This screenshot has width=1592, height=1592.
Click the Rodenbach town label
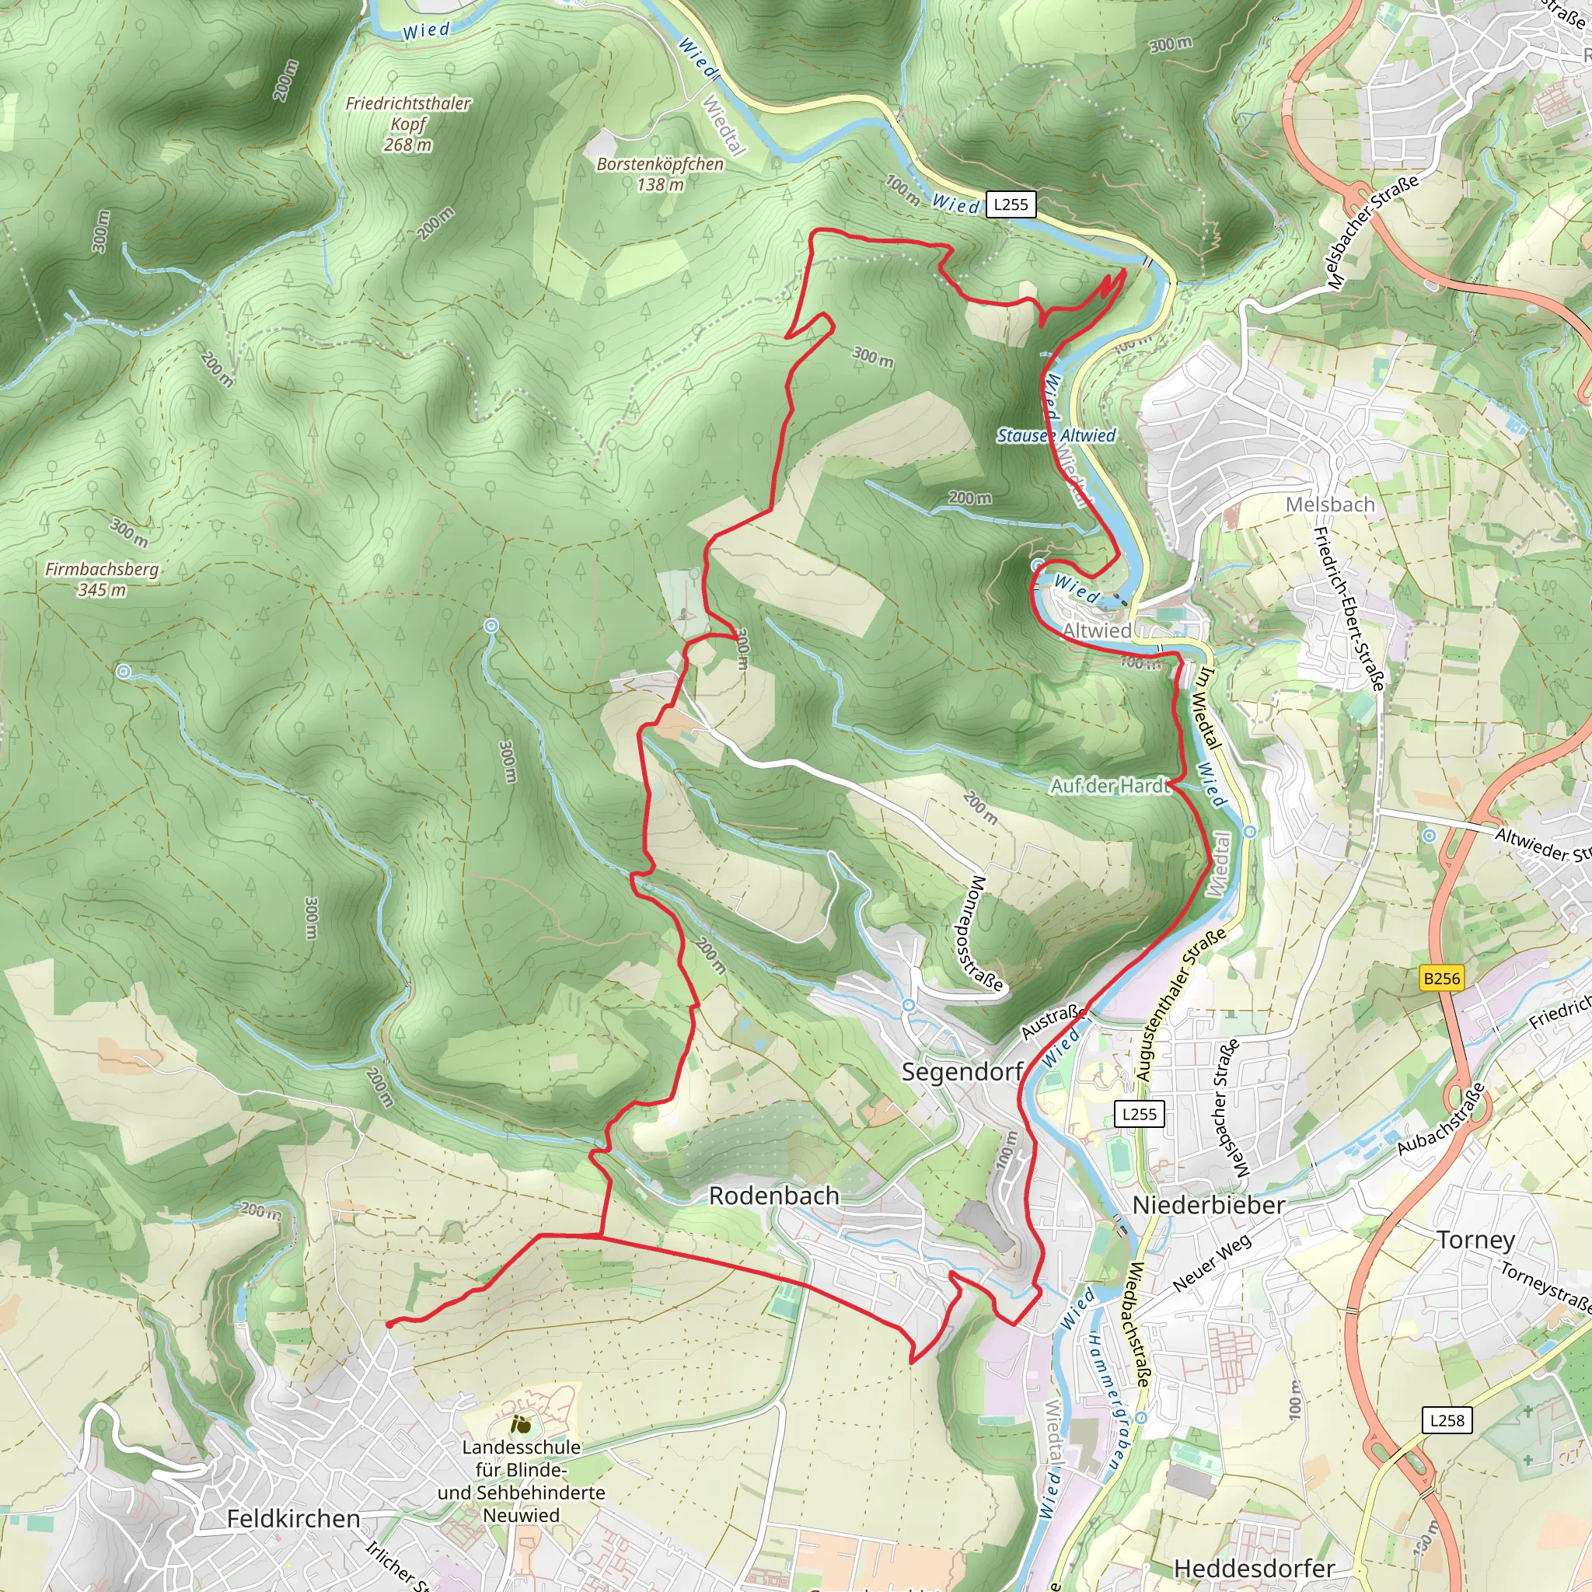pos(773,1196)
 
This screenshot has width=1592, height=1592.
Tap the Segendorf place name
pos(962,1072)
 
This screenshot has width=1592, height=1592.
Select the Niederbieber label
pos(1208,1205)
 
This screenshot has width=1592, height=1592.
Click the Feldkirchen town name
pos(293,1519)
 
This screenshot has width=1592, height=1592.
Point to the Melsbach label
pos(1330,504)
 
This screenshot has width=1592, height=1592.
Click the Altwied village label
pos(1097,630)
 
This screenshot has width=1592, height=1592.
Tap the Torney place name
pos(1476,1239)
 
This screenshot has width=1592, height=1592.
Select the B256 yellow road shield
pos(1441,978)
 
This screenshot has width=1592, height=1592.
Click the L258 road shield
pos(1447,1419)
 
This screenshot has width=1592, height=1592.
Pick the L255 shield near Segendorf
pos(1140,1114)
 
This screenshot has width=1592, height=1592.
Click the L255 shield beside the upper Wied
pos(1011,204)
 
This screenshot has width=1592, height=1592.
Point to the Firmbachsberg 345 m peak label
pos(102,579)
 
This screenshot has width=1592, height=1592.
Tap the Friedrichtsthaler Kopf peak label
pos(408,124)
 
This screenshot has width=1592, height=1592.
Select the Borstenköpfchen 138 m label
pos(660,174)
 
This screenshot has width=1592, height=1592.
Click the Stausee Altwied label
pos(1056,435)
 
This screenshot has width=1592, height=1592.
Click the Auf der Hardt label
pos(1110,786)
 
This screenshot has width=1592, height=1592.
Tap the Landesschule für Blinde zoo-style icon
pos(520,1423)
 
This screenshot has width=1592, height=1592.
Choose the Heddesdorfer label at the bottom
pos(1253,1568)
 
